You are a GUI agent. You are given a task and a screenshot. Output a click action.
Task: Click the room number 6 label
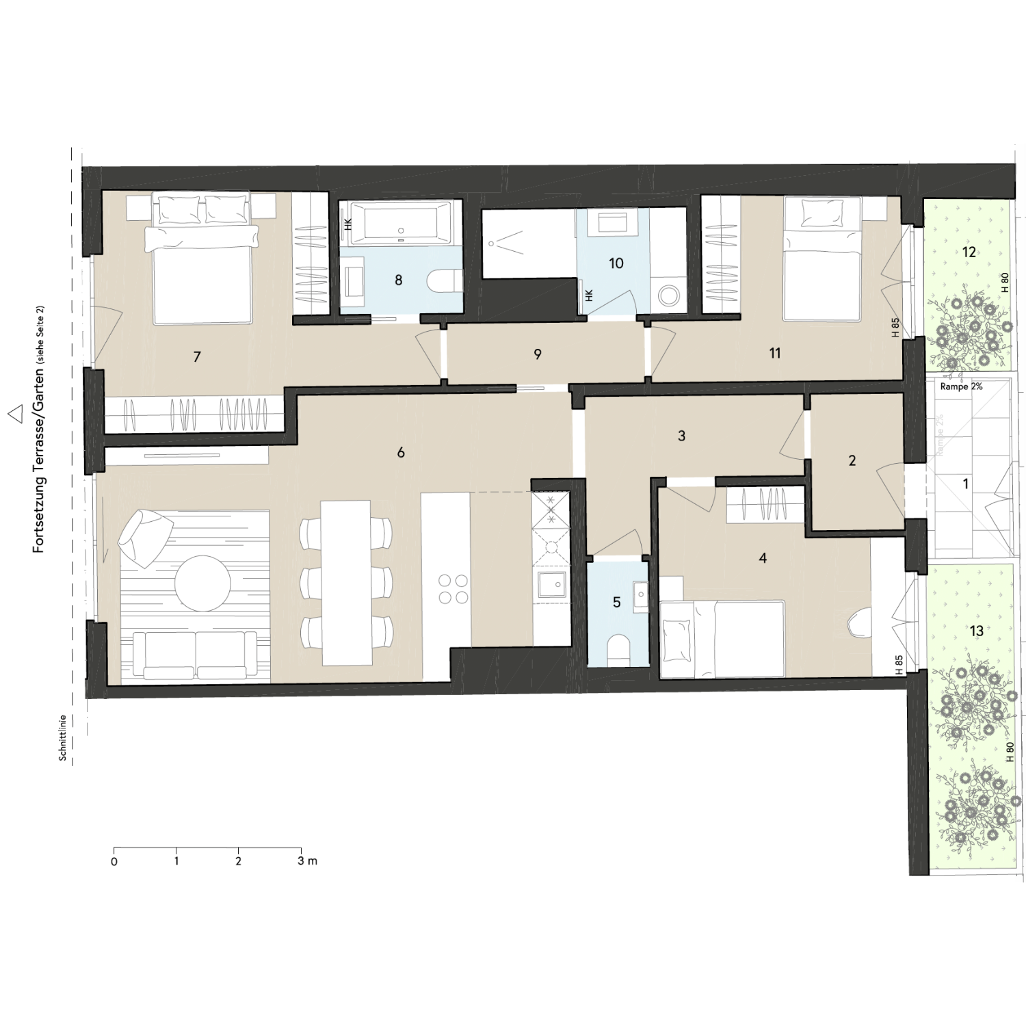(401, 452)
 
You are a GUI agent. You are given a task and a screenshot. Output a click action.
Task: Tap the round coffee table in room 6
(202, 583)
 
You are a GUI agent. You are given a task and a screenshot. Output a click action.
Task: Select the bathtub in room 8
(399, 223)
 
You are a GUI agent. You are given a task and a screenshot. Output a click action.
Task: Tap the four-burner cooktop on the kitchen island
(453, 589)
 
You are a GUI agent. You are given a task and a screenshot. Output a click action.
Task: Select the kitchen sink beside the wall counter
(552, 584)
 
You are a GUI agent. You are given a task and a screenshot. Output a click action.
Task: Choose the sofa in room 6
(196, 653)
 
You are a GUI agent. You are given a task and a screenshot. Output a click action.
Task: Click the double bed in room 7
(202, 274)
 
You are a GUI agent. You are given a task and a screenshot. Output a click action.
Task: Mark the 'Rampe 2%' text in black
(961, 386)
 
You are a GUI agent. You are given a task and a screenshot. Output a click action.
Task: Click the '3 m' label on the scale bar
(307, 860)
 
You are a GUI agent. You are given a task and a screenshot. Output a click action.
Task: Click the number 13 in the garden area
(976, 630)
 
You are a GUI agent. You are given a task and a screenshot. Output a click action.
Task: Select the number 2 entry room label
(852, 461)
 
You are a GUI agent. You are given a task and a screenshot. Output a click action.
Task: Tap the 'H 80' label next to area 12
(1005, 282)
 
